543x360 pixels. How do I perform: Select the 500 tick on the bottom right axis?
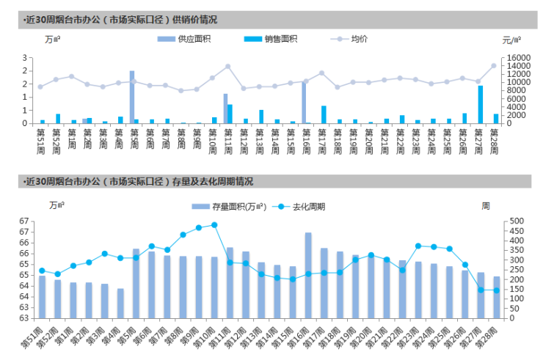tap(513, 221)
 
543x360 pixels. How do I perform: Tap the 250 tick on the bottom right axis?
tap(513, 269)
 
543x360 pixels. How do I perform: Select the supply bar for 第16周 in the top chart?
tap(304, 102)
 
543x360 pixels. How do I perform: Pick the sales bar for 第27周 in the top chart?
tap(481, 104)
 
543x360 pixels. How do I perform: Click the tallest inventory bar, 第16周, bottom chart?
tap(308, 275)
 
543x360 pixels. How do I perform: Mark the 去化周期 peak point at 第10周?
tap(214, 225)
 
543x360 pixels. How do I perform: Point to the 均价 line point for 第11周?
tap(227, 67)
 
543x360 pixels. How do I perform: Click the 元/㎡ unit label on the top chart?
tap(512, 40)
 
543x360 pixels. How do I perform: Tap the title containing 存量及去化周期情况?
tap(139, 181)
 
